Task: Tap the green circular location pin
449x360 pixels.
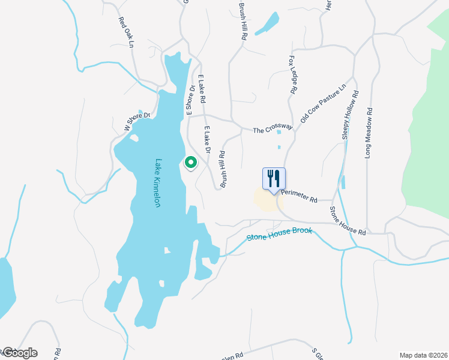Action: (191, 163)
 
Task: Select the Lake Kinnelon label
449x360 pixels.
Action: (158, 183)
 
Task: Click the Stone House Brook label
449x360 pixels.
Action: (280, 234)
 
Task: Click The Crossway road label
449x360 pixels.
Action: (272, 129)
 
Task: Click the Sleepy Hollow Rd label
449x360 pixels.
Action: (350, 115)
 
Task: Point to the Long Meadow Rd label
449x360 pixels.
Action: (369, 133)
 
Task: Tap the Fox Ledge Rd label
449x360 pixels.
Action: (293, 74)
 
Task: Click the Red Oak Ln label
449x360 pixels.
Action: (125, 32)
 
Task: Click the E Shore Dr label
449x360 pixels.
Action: (190, 100)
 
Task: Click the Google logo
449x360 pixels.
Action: (19, 353)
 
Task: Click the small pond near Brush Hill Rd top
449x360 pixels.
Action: (267, 24)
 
